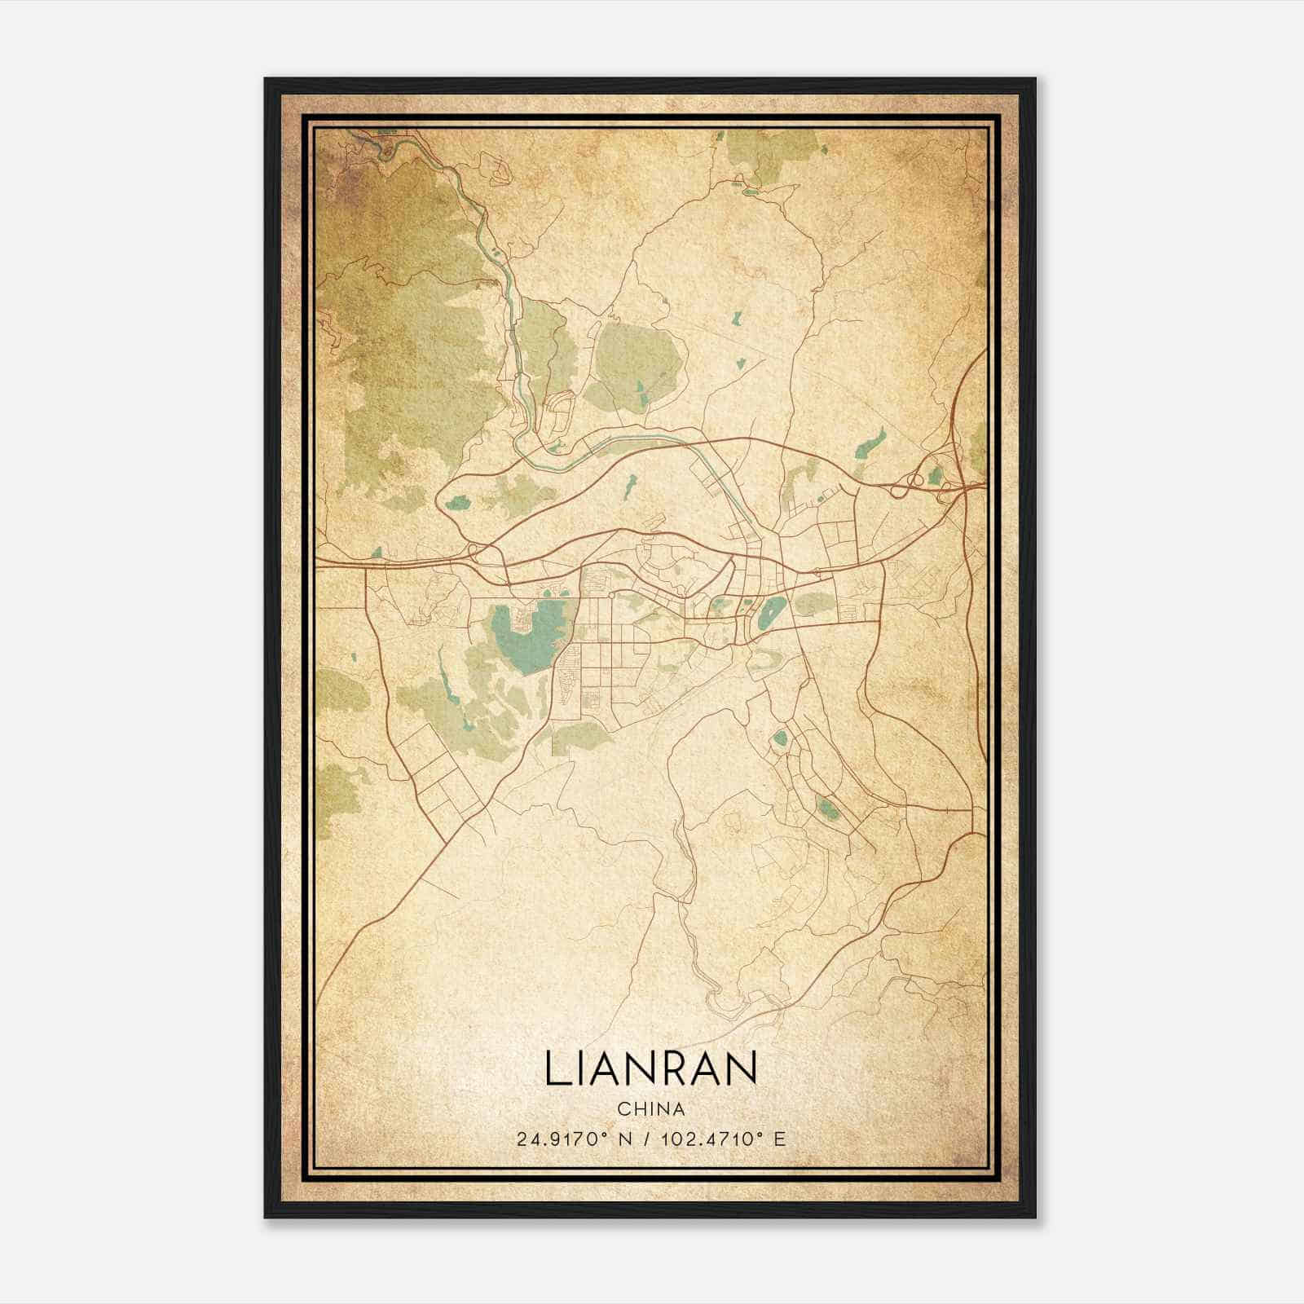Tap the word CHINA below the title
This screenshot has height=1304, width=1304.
[x=650, y=1109]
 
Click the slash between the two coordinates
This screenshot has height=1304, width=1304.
[x=647, y=1139]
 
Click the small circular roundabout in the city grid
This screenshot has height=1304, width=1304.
[x=610, y=594]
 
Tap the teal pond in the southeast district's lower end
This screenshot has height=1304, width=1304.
[x=827, y=808]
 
